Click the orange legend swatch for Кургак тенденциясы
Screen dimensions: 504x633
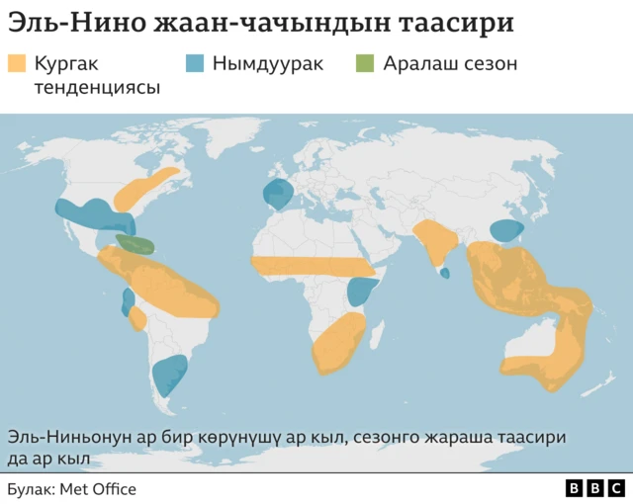pos(17,64)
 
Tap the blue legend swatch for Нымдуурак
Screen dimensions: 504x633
pos(195,64)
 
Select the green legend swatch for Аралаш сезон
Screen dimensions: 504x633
pos(365,64)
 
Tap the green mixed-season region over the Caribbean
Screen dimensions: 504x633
pos(135,243)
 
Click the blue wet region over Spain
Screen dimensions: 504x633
pos(278,194)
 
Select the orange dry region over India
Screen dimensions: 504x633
pos(435,242)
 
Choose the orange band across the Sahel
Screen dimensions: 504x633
pos(315,266)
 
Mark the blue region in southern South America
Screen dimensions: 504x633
pos(170,376)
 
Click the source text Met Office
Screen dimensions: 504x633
pos(98,489)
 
